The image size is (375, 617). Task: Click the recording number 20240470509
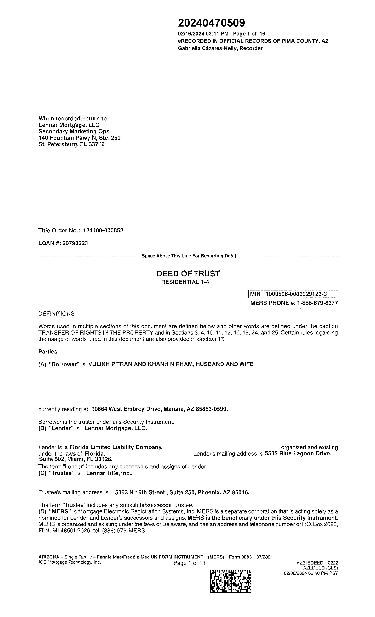point(211,23)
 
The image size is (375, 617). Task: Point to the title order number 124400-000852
point(103,230)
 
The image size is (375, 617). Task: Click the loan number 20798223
point(75,243)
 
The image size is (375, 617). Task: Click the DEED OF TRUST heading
point(188,273)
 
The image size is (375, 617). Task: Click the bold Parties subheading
point(48,352)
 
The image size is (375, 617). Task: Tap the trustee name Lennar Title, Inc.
point(109,473)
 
